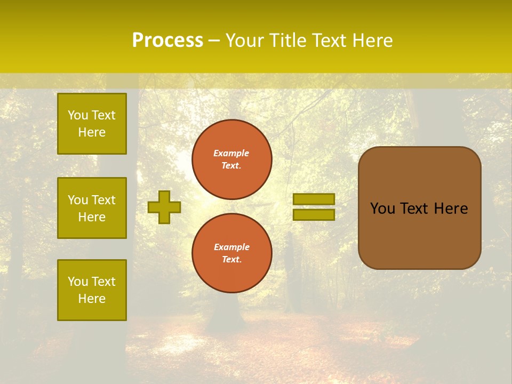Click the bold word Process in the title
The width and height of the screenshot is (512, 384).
(167, 41)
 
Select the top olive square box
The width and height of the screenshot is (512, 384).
(92, 124)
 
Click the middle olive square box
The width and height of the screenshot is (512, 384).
(92, 208)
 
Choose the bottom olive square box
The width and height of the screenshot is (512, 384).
(92, 290)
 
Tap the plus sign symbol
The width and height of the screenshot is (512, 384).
(164, 207)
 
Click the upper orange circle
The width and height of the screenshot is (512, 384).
(232, 159)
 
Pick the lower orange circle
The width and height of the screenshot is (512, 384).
(232, 253)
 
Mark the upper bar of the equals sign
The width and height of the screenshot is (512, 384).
(314, 199)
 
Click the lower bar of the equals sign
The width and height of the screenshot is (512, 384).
(314, 214)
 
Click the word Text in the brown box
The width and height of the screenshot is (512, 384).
(414, 209)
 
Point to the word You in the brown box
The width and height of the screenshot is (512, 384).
(382, 209)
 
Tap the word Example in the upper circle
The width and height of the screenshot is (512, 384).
(231, 153)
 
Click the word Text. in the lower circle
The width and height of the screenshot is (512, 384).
(231, 259)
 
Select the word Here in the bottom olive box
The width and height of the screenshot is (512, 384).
(92, 299)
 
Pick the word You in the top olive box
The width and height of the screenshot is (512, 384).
(77, 115)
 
